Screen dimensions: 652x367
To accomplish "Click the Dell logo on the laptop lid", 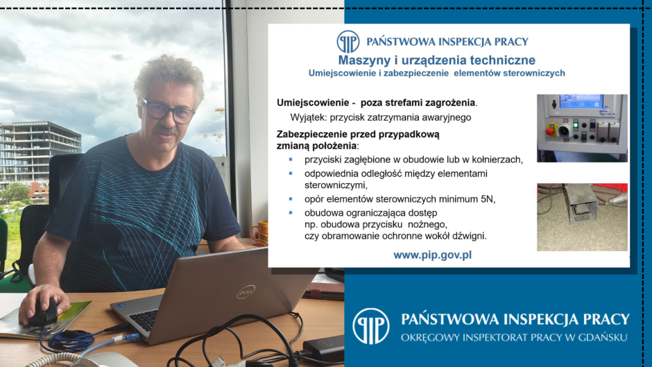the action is (246, 292).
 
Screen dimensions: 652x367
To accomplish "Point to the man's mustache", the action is (166, 130).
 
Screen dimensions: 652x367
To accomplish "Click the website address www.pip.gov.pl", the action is (432, 255).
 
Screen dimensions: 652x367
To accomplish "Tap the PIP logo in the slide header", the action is (348, 42).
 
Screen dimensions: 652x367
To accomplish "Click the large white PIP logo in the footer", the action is (370, 326).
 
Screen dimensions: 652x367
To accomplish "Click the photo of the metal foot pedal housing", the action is (582, 216).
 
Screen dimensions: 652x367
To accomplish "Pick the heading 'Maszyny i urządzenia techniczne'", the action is (436, 60).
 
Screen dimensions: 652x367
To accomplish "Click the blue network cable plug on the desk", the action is (132, 337).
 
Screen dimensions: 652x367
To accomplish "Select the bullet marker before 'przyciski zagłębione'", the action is (291, 160).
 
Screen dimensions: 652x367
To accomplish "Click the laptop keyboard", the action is (146, 320).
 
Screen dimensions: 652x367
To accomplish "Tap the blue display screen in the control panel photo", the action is (581, 102).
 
